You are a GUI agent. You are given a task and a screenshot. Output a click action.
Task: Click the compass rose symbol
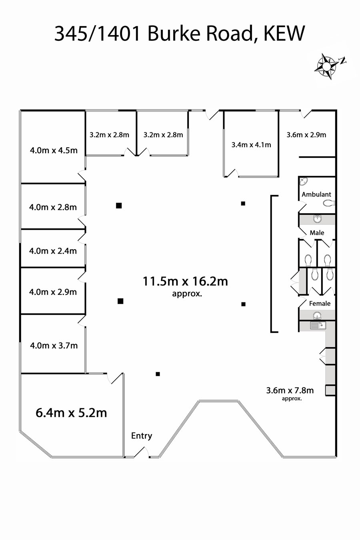[x=326, y=66]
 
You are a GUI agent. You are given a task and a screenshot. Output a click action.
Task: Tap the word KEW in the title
[x=284, y=34]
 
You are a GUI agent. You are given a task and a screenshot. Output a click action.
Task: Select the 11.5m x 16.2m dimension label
[x=185, y=281]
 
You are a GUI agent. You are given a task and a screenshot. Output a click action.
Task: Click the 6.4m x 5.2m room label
[x=71, y=412]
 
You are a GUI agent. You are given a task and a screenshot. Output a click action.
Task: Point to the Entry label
[x=142, y=436]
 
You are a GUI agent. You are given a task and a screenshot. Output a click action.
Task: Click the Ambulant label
[x=316, y=194]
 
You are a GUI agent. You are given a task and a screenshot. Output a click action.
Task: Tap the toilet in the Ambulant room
[x=329, y=203]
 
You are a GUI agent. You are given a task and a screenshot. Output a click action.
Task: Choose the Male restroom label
[x=317, y=233]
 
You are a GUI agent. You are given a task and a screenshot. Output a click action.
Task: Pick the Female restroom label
[x=320, y=303]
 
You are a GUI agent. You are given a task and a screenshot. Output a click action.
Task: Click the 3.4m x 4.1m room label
[x=251, y=145]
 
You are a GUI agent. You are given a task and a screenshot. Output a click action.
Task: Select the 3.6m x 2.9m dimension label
[x=306, y=135]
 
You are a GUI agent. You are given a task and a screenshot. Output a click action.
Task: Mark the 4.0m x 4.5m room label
[x=54, y=150]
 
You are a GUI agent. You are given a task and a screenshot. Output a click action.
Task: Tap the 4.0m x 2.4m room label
[x=53, y=251]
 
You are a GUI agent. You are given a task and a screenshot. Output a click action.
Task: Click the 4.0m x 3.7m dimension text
[x=54, y=346]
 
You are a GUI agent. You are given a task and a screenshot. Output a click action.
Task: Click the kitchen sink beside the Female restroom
[x=318, y=326]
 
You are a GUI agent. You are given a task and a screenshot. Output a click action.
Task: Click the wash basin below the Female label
[x=317, y=316]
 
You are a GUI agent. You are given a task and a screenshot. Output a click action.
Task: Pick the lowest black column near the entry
[x=158, y=374]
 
